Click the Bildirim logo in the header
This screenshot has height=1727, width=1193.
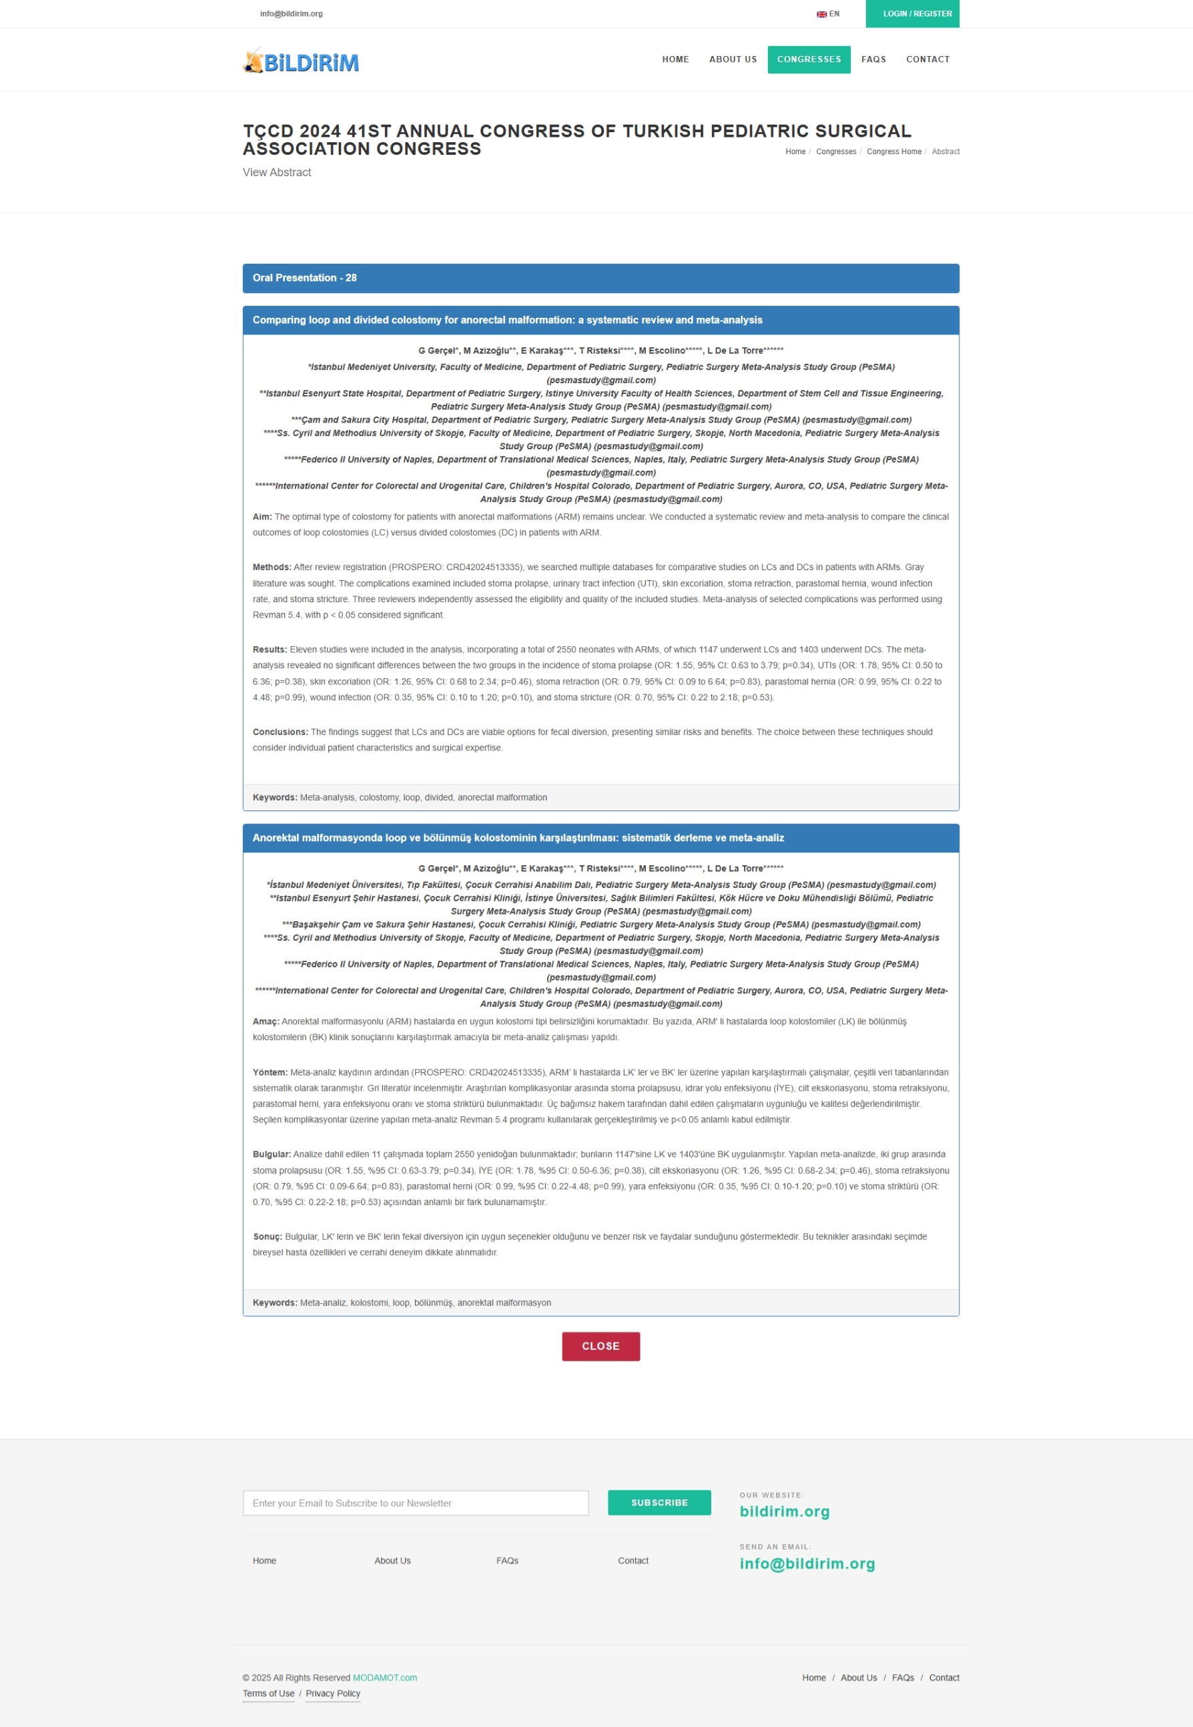click(300, 61)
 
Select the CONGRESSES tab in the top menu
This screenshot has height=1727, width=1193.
click(809, 60)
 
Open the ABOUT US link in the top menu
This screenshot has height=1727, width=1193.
click(733, 60)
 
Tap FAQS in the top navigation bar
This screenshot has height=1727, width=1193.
click(873, 60)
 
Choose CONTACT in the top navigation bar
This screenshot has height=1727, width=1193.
click(927, 60)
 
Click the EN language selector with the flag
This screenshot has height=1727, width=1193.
click(828, 14)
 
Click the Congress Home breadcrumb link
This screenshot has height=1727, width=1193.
click(893, 152)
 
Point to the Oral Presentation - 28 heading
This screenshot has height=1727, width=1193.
click(304, 278)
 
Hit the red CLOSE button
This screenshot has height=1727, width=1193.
click(601, 1346)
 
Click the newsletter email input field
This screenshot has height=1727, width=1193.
click(415, 1503)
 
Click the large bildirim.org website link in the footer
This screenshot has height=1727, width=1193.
click(784, 1511)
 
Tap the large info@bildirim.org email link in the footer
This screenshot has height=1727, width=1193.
click(807, 1564)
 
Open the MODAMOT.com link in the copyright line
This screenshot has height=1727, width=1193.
click(384, 1678)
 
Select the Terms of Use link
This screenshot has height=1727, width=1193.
click(268, 1694)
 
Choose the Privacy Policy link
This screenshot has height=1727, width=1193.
click(333, 1694)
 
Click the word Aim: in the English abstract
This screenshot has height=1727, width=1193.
click(262, 517)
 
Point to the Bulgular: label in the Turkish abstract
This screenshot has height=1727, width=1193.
click(272, 1154)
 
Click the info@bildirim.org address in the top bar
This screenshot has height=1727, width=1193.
click(291, 14)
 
